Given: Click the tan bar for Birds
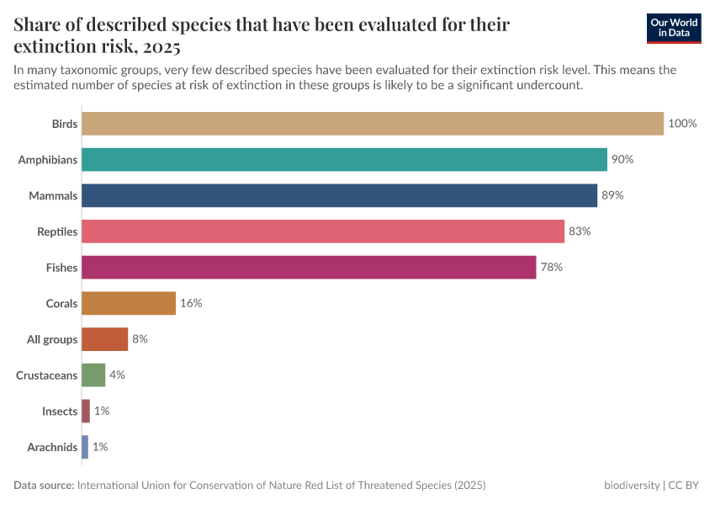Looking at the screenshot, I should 373,124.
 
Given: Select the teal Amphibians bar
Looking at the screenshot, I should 344,160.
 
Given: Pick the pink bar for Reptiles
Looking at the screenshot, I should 323,231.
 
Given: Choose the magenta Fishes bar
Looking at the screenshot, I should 309,268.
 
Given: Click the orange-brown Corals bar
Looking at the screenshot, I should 129,303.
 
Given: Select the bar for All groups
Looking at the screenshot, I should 105,339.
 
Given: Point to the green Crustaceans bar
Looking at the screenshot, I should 93,375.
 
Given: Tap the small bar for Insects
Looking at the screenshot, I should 86,411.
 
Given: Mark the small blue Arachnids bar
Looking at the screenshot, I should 85,447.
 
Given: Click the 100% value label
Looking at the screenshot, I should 682,124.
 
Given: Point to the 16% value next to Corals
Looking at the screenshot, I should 191,303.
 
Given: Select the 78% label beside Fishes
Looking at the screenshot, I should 551,268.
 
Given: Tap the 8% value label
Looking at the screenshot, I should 140,339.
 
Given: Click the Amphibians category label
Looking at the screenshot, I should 48,160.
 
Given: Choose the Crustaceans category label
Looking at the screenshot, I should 47,375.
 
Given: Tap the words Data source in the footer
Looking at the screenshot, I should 44,486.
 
